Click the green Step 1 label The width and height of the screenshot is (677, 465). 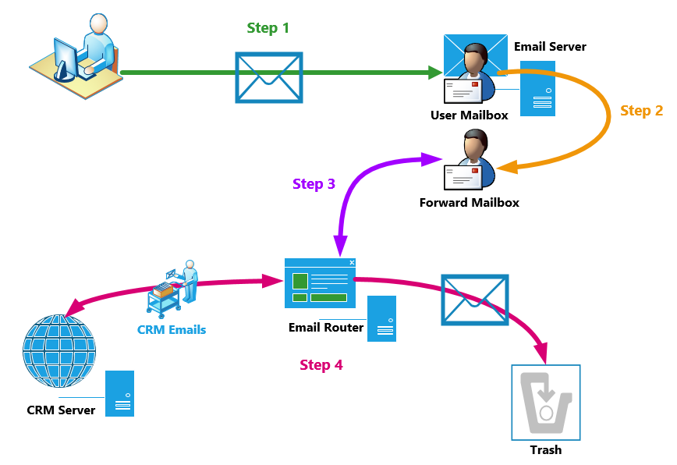point(268,28)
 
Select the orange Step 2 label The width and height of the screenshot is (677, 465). point(641,111)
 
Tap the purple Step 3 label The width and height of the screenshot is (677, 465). point(314,184)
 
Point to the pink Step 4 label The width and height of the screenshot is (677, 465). point(321,364)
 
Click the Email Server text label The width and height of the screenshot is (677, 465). point(550,47)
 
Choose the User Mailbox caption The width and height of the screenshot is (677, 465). point(469,115)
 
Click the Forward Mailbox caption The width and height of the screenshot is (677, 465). point(469,203)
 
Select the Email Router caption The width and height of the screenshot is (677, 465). point(326,327)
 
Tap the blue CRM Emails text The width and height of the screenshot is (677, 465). point(172,329)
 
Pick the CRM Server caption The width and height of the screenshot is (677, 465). point(61,410)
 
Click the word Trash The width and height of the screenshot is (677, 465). point(545,449)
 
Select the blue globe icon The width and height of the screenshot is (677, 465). point(59,352)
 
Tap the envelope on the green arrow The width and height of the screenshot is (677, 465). point(269,77)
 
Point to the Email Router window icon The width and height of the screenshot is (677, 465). point(320,283)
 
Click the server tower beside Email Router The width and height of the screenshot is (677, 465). point(382,318)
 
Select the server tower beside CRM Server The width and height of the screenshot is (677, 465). point(120,393)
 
